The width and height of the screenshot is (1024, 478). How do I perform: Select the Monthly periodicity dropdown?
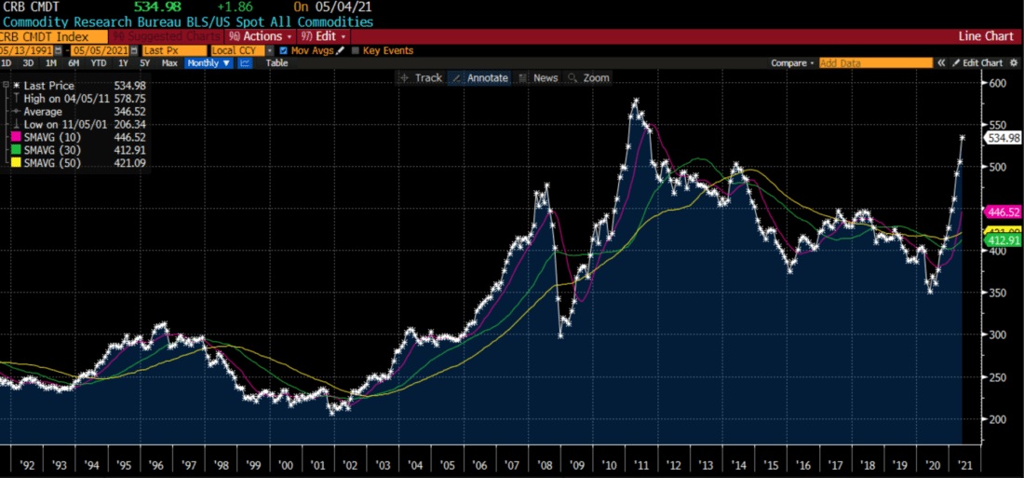click(209, 63)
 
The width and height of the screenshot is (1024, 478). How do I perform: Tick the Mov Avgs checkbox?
click(284, 50)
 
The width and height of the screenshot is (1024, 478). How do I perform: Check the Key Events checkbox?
click(354, 50)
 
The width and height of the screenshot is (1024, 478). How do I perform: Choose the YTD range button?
click(98, 63)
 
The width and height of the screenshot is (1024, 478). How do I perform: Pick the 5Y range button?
click(144, 63)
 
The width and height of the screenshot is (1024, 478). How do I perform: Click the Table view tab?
click(276, 63)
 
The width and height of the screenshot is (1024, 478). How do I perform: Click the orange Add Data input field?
click(875, 63)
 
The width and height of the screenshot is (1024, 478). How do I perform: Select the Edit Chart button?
click(977, 63)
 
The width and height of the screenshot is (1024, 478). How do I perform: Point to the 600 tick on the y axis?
click(999, 83)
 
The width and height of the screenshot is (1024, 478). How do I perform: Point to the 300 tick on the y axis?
click(999, 335)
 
